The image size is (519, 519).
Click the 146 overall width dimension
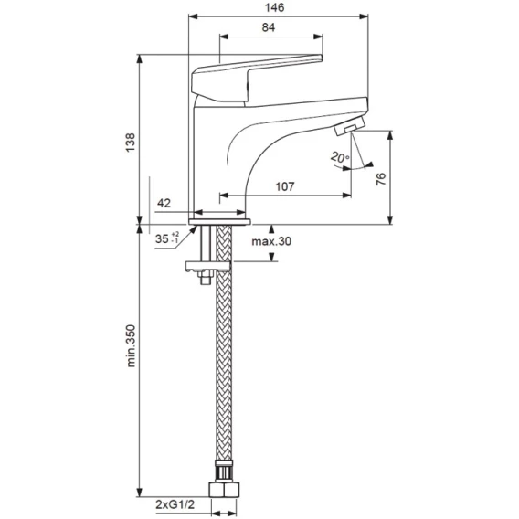point(274,7)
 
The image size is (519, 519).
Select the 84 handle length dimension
point(268,27)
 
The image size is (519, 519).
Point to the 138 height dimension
point(131,143)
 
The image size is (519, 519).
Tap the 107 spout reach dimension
point(285,186)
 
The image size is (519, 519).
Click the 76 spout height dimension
point(381,179)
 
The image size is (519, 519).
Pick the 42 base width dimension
point(164,203)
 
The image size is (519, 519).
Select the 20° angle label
point(340,157)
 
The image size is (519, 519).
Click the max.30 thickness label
point(271,241)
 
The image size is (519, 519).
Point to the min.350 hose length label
point(131,345)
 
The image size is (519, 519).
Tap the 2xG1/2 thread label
point(175,504)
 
